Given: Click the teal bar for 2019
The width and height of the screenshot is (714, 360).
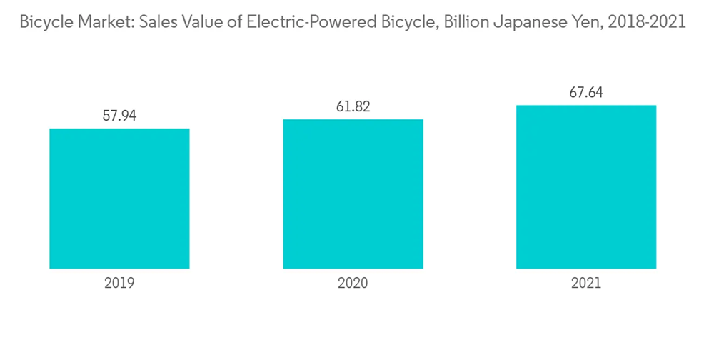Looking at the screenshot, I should (x=119, y=199).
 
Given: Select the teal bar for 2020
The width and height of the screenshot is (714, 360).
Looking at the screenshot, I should (x=353, y=194).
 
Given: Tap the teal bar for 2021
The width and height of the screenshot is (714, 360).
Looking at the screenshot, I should (x=586, y=187).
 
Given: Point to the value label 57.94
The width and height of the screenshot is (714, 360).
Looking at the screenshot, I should (x=119, y=116).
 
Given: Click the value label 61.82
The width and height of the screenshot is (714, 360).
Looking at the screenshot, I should (x=353, y=106).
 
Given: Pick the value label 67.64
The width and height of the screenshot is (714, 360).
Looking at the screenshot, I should (x=586, y=93).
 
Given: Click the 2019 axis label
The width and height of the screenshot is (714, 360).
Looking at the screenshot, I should (x=119, y=283).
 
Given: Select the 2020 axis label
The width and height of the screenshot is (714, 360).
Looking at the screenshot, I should (x=353, y=283).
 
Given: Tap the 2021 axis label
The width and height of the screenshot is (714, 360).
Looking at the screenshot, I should (x=586, y=283).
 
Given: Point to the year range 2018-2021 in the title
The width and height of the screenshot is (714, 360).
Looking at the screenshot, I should (x=641, y=22).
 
